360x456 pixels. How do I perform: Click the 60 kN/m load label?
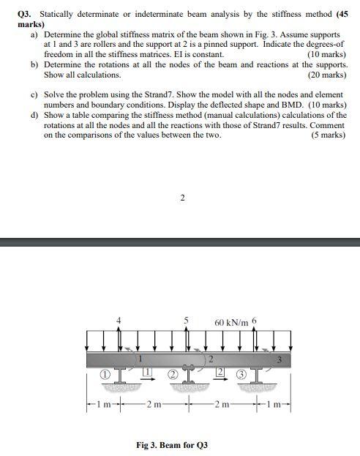tap(231, 322)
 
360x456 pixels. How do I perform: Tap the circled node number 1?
tap(105, 374)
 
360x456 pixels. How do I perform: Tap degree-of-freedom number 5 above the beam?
tap(187, 321)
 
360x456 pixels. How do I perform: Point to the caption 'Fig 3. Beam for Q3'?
tap(172, 444)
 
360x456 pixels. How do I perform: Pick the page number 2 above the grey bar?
tap(182, 197)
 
